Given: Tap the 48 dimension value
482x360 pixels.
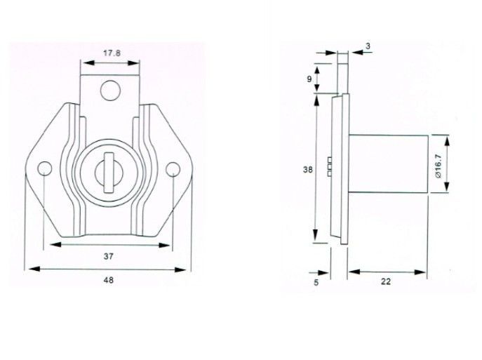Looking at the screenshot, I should (x=108, y=280).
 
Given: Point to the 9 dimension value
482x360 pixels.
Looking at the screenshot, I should (x=309, y=79).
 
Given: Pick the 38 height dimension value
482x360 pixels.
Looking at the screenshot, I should (x=308, y=168).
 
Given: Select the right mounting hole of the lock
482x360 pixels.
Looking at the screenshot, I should (x=175, y=167).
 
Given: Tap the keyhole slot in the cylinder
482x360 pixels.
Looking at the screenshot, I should (x=107, y=169).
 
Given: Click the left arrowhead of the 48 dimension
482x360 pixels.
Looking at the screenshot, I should (x=29, y=268).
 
